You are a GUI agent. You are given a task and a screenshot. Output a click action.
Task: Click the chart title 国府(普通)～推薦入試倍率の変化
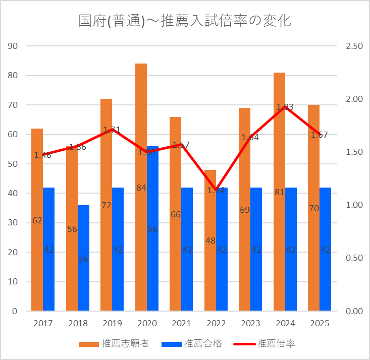[185, 21]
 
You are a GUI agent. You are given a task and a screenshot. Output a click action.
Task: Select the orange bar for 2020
[141, 151]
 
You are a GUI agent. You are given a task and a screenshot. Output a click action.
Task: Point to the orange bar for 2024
[279, 151]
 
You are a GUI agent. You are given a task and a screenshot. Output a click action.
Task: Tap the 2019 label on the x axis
[112, 323]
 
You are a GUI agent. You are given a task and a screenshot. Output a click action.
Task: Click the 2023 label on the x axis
[250, 323]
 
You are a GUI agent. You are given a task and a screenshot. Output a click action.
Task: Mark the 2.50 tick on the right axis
[354, 46]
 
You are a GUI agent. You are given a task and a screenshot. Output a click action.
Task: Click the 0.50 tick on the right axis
[354, 258]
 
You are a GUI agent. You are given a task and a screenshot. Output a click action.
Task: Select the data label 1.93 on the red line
[285, 107]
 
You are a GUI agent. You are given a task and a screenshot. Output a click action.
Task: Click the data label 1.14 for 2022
[216, 191]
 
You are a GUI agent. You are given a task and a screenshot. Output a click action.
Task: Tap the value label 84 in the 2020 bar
[141, 188]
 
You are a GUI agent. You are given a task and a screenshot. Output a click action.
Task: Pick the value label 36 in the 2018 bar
[83, 259]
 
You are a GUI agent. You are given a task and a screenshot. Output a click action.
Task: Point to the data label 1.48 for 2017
[43, 155]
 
